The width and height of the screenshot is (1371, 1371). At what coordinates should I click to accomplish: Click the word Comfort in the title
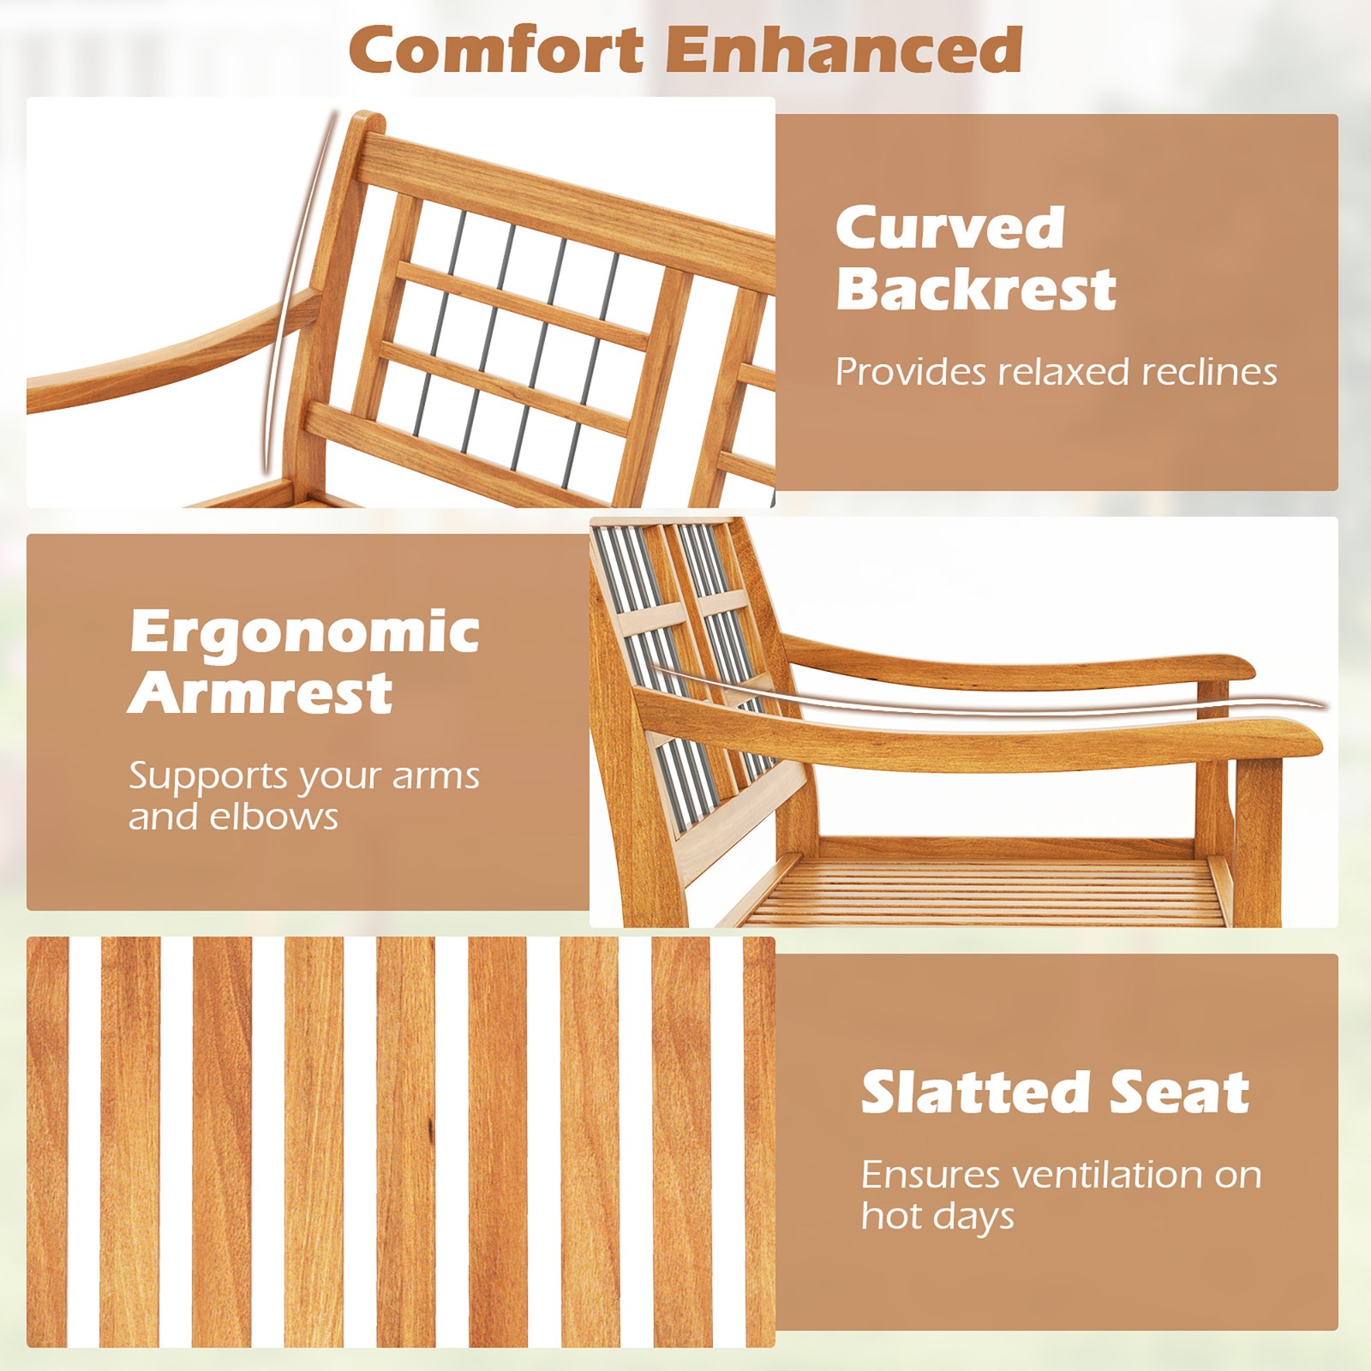pyautogui.click(x=496, y=50)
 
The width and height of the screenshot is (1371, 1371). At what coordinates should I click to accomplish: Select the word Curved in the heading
pyautogui.click(x=949, y=228)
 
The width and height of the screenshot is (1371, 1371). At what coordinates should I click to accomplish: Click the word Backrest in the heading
pyautogui.click(x=975, y=289)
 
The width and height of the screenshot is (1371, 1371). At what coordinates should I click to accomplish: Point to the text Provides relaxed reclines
pyautogui.click(x=1056, y=372)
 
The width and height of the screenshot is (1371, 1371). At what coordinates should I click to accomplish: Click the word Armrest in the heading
pyautogui.click(x=260, y=693)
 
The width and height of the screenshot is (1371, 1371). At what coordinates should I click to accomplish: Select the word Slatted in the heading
pyautogui.click(x=973, y=1093)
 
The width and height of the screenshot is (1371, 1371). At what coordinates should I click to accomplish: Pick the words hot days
pyautogui.click(x=937, y=1216)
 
